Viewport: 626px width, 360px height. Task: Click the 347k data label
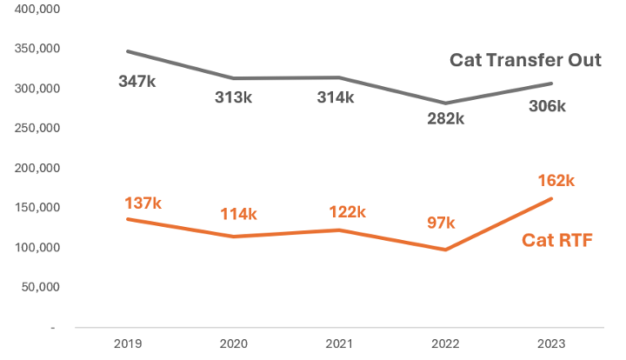(x=137, y=82)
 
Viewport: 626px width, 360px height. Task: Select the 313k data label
(x=234, y=97)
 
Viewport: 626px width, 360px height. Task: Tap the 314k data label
(x=335, y=97)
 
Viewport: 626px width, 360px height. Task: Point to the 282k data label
(x=445, y=119)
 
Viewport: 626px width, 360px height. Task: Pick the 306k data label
(x=547, y=106)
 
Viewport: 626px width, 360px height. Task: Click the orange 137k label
(x=143, y=203)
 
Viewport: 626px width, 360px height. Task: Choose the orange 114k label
(x=237, y=214)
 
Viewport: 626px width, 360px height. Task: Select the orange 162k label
(x=557, y=181)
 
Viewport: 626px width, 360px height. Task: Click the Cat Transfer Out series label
(x=525, y=61)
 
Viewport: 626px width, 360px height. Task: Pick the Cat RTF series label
(x=557, y=240)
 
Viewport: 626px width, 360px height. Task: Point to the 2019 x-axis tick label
(x=128, y=343)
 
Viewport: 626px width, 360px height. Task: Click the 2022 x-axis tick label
(x=445, y=343)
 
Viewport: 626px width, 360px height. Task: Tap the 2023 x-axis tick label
(x=551, y=343)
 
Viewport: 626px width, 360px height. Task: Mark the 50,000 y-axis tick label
(x=40, y=287)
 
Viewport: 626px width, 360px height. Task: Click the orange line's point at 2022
(x=445, y=250)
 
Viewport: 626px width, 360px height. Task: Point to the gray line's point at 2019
(x=128, y=51)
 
